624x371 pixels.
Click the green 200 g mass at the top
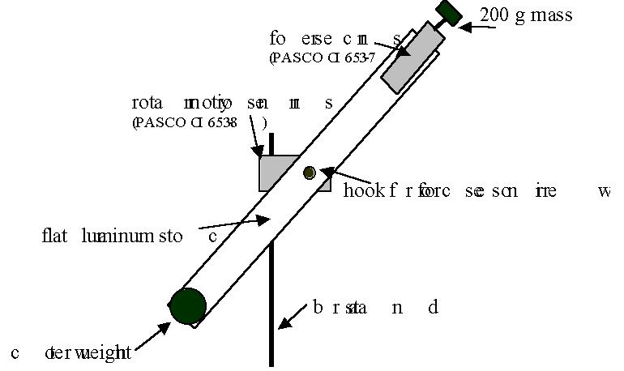coord(447,12)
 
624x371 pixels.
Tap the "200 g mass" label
coord(527,15)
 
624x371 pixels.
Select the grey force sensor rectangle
coord(409,58)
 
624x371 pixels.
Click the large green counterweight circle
coord(188,306)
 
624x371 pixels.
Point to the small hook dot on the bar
coord(309,172)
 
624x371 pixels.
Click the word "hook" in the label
coord(361,191)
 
